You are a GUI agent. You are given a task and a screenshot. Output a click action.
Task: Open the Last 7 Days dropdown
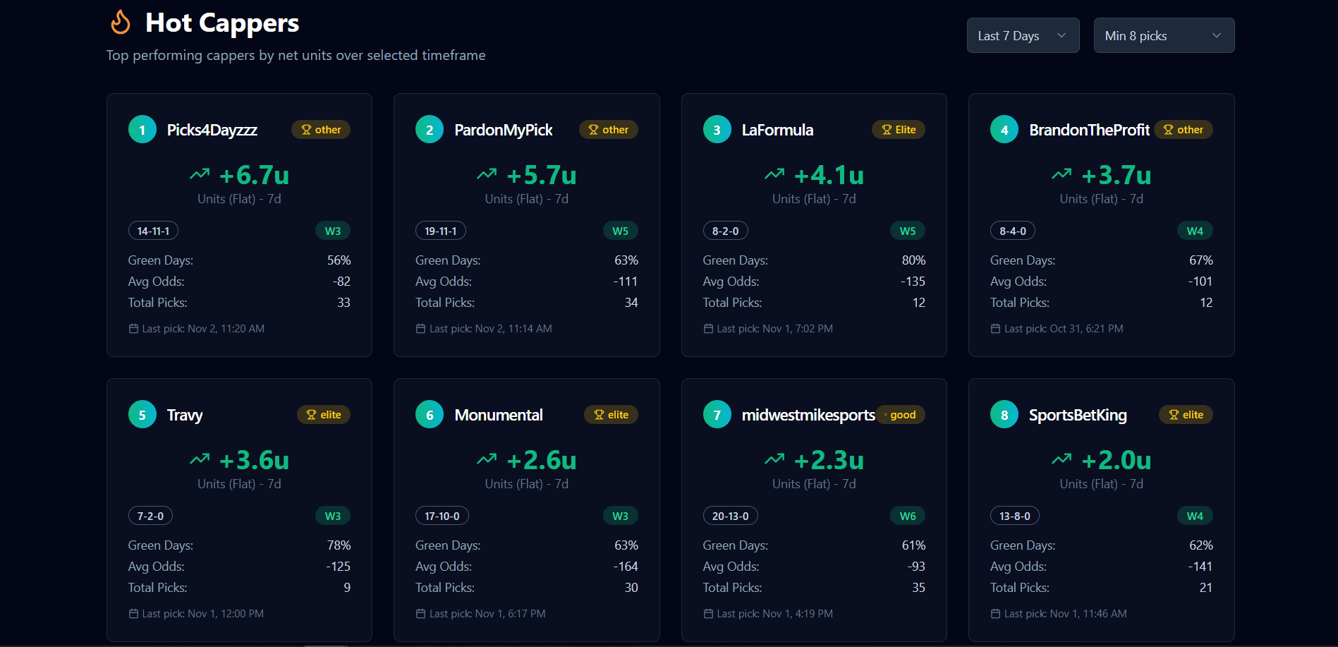coord(1023,35)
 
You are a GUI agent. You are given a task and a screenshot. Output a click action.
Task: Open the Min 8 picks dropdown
coord(1164,35)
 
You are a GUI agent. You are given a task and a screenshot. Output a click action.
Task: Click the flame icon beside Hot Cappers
coord(121,22)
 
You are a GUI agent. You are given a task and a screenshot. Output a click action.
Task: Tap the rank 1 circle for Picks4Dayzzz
coord(142,130)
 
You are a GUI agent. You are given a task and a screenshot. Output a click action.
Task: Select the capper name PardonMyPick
coord(504,130)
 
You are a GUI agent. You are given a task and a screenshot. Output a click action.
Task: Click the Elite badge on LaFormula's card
coord(899,130)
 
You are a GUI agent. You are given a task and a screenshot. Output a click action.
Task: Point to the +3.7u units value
coord(1117,175)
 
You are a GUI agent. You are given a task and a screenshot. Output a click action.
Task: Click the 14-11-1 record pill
coord(153,231)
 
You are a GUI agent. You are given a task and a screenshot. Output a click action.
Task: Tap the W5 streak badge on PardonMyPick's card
coord(621,231)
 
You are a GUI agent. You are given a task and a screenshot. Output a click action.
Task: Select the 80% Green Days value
coord(914,260)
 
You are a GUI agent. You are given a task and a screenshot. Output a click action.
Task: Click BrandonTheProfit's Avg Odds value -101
coord(1200,282)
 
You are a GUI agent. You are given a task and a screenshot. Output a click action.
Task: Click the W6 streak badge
coord(908,516)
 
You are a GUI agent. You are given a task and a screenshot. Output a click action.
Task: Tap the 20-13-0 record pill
coord(731,516)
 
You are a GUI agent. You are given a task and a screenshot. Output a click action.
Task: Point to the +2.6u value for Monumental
coord(542,460)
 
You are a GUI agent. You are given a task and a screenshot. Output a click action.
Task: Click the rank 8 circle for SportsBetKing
coord(1004,415)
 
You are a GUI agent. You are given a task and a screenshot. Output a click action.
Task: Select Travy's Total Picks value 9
coord(347,588)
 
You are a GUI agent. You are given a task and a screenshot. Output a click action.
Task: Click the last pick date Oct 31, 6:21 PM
coord(1086,329)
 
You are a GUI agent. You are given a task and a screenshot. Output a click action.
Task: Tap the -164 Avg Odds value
coord(626,567)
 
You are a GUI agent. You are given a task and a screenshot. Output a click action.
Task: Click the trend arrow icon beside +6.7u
coord(200,174)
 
